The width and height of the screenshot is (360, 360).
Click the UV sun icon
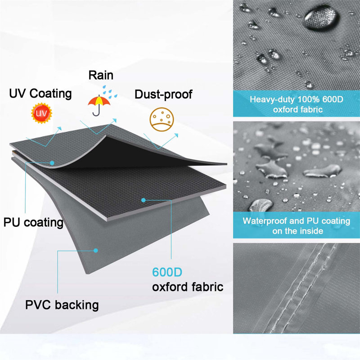(x=41, y=113)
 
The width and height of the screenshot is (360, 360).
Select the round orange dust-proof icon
(x=162, y=119)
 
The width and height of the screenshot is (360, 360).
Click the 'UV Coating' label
(x=40, y=94)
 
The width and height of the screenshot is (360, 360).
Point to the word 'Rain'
(x=101, y=75)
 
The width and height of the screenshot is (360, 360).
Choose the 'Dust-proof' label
(x=163, y=94)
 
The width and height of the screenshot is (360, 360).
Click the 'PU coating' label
(x=33, y=222)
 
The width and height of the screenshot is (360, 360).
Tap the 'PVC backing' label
(x=62, y=305)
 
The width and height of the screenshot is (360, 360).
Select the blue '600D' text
(x=167, y=272)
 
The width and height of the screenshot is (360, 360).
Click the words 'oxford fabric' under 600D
(x=188, y=287)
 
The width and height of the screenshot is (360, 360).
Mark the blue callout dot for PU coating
(x=52, y=163)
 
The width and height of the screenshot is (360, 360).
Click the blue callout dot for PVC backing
(x=96, y=251)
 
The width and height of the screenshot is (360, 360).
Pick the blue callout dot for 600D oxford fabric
(x=144, y=200)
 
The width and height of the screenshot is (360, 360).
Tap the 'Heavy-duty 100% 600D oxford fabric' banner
(x=297, y=104)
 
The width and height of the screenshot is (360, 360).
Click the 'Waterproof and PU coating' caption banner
(x=297, y=225)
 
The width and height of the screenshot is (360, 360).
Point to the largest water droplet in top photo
(x=321, y=17)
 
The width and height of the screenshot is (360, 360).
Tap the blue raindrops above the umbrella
(x=109, y=92)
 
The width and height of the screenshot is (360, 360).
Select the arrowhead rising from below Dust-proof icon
(x=176, y=135)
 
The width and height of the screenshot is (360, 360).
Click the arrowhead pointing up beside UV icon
(x=60, y=128)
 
